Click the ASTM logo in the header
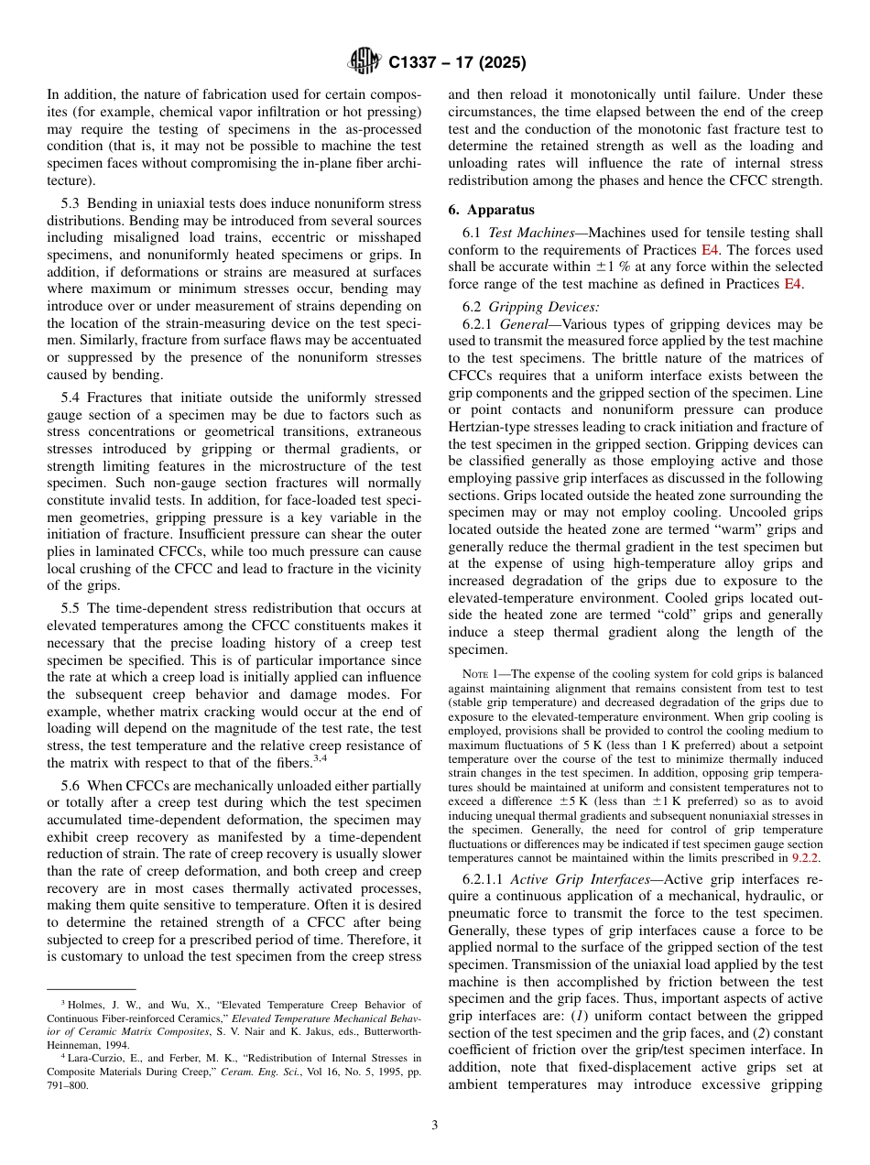[364, 62]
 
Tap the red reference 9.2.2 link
[805, 858]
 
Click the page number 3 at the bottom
[435, 1126]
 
